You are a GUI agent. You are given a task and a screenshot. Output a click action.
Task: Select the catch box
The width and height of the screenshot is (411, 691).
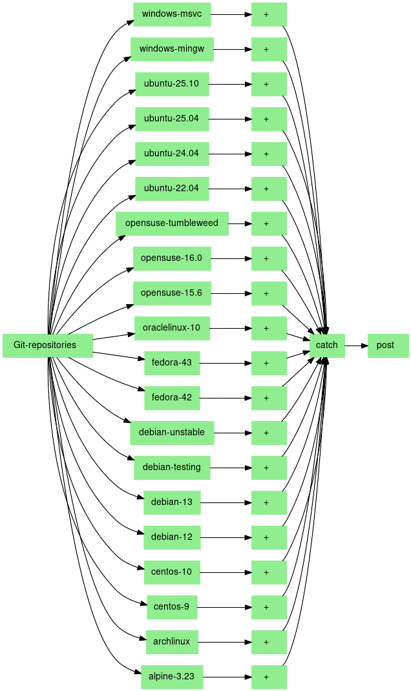[327, 345]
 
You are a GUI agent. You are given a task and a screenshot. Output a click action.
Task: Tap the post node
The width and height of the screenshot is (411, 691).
[388, 345]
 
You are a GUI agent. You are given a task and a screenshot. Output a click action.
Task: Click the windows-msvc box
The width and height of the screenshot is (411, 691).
[172, 14]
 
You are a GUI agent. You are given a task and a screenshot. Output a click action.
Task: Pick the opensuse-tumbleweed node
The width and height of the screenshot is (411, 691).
[172, 223]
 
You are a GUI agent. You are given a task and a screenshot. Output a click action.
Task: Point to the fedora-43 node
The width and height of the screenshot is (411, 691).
[172, 363]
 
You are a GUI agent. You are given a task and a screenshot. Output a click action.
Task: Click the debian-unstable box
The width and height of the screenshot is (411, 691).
[172, 433]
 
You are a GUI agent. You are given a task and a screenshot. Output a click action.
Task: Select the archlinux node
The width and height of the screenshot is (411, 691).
[172, 642]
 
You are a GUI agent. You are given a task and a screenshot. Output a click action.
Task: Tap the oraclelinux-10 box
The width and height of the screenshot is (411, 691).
[172, 328]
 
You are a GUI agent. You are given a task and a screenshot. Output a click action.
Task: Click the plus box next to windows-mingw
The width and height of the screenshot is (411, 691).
[269, 49]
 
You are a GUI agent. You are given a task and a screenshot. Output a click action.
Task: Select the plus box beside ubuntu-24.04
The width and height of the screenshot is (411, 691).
[269, 154]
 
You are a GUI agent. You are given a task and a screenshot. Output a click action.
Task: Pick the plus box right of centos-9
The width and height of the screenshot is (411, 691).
[269, 607]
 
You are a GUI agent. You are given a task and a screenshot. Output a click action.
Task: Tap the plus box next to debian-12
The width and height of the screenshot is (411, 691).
[269, 537]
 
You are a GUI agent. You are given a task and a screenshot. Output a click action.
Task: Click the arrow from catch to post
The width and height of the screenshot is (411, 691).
[356, 345]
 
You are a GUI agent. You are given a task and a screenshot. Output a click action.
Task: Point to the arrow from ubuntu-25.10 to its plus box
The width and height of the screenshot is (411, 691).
[230, 84]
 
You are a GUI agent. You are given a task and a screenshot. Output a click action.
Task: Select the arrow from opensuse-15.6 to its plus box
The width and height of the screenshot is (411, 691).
[231, 293]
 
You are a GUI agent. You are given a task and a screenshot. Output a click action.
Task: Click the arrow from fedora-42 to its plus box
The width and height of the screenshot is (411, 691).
[226, 398]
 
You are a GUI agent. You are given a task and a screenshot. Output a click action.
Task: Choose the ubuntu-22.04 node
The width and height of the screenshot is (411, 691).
[172, 189]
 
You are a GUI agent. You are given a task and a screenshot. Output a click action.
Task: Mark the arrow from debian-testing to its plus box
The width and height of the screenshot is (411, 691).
[231, 468]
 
